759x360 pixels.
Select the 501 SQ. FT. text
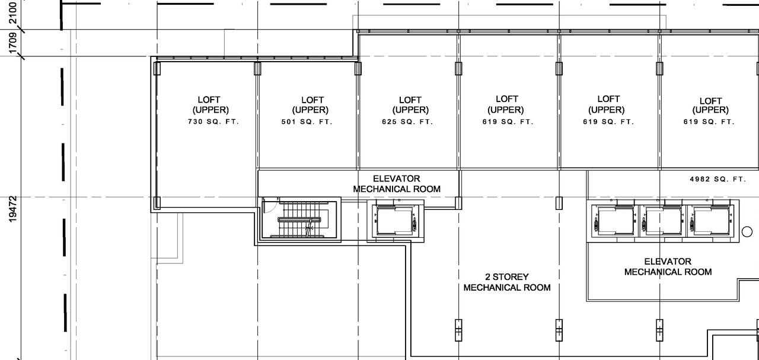[x=307, y=122]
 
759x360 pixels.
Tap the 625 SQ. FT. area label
[x=407, y=122]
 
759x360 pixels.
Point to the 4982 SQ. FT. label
[x=717, y=179]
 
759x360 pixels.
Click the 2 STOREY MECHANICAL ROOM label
[x=507, y=282]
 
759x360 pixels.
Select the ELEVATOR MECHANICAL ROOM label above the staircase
[x=397, y=184]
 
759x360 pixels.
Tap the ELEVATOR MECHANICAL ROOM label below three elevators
[x=668, y=266]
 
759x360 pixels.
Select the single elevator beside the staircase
[x=396, y=220]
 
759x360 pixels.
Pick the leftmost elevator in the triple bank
[x=614, y=221]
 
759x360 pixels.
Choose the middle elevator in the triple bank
[x=662, y=221]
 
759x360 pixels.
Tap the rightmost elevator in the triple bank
[x=710, y=221]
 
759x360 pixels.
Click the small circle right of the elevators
[x=747, y=232]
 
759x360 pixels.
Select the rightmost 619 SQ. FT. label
[x=709, y=122]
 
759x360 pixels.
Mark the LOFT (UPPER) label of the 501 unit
[x=310, y=105]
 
